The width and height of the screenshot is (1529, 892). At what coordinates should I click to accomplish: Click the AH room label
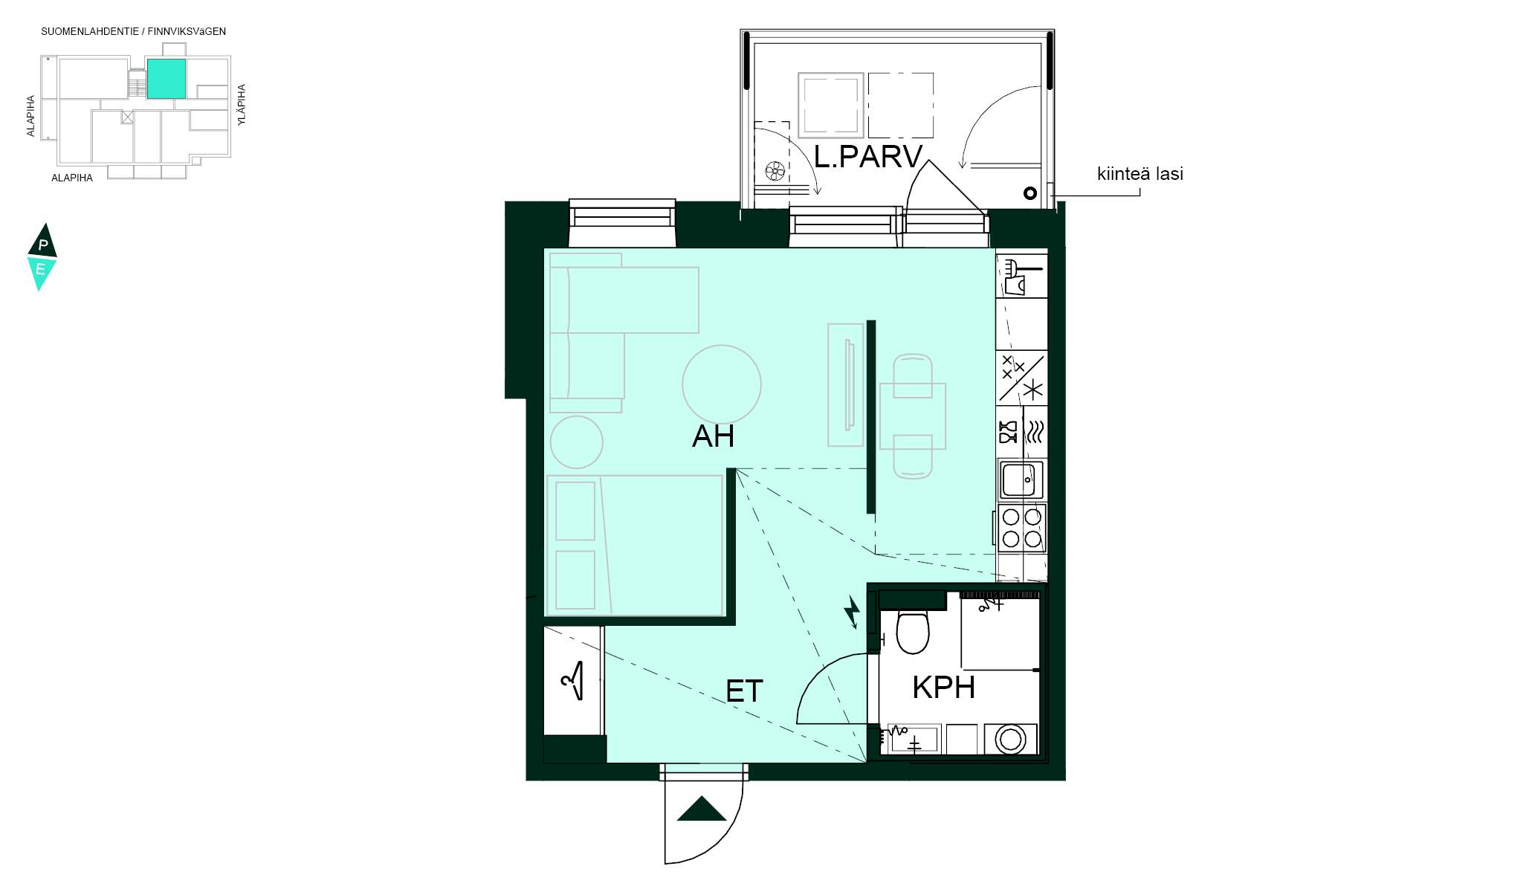(713, 436)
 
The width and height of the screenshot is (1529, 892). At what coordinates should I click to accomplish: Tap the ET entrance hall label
(744, 691)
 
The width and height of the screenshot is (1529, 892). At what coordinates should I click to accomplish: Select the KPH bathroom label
(943, 688)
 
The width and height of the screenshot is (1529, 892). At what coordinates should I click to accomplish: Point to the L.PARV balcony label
(868, 157)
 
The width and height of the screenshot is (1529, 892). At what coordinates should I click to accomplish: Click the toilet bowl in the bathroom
(913, 631)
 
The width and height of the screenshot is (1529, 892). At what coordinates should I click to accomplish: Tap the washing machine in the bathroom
(1010, 739)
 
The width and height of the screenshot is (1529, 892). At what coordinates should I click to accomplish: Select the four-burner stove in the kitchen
(1021, 527)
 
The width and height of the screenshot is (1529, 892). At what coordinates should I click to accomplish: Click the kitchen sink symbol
(1021, 479)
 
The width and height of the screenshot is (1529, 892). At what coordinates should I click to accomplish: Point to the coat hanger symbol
(573, 680)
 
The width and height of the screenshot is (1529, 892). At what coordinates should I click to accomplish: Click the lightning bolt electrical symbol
(852, 612)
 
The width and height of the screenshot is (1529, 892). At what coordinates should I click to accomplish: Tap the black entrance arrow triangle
(702, 809)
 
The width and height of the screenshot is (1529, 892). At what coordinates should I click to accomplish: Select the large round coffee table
(722, 384)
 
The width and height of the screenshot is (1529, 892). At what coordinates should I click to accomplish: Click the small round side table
(576, 442)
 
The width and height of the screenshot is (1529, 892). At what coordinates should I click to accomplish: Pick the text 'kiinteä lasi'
(1140, 174)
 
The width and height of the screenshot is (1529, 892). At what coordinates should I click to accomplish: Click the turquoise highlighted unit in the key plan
(167, 79)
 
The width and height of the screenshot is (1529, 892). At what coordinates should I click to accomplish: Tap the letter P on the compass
(43, 245)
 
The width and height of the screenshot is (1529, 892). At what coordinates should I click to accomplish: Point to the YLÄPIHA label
(242, 105)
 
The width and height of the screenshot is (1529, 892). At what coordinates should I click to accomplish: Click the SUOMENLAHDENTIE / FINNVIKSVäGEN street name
(134, 32)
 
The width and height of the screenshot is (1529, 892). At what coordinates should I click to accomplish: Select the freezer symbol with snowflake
(1021, 378)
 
